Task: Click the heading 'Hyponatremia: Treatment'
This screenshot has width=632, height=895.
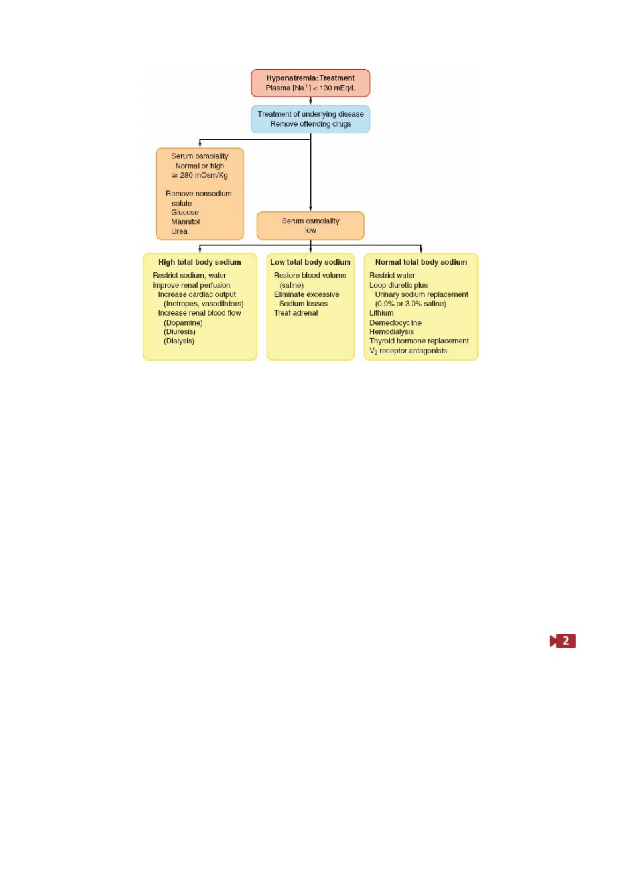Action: click(310, 78)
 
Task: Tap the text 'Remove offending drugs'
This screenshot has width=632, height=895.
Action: click(310, 124)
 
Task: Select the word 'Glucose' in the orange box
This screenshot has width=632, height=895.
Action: click(184, 213)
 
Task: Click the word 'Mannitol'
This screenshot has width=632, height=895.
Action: click(185, 221)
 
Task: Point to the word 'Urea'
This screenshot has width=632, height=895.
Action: click(179, 231)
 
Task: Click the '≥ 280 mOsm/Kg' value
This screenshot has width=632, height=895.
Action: click(200, 176)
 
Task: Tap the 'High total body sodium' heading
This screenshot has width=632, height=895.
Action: click(200, 262)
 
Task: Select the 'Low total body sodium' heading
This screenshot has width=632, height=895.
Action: click(310, 262)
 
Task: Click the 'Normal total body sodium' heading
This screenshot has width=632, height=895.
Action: click(421, 262)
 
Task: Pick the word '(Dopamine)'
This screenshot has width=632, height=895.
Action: click(183, 322)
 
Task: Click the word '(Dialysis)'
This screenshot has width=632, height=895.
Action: click(178, 341)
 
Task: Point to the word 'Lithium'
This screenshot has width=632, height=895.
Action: click(381, 313)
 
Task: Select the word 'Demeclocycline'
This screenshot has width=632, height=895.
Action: click(395, 322)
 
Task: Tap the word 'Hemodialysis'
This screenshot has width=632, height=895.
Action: click(391, 331)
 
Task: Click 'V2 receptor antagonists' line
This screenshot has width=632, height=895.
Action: click(408, 351)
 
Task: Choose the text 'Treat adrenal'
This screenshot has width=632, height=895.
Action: click(296, 313)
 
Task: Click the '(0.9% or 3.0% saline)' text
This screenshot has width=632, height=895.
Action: click(411, 304)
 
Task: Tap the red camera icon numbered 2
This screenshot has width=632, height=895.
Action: click(562, 641)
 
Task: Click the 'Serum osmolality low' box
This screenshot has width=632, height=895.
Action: click(310, 226)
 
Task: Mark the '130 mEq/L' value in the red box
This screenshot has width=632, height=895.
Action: click(337, 88)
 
